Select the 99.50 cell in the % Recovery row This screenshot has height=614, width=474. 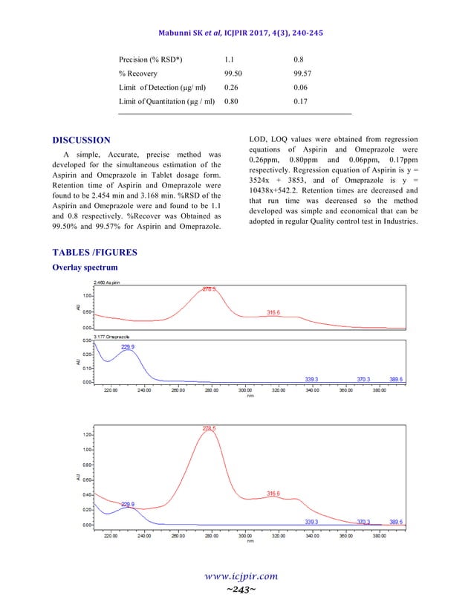235,73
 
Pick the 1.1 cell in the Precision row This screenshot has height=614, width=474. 230,59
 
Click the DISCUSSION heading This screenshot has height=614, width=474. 82,140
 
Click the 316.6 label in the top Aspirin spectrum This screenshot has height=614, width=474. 273,313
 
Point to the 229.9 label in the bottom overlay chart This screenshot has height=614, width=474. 128,504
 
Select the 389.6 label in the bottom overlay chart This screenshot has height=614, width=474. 395,522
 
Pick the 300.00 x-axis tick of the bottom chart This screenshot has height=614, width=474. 245,534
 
